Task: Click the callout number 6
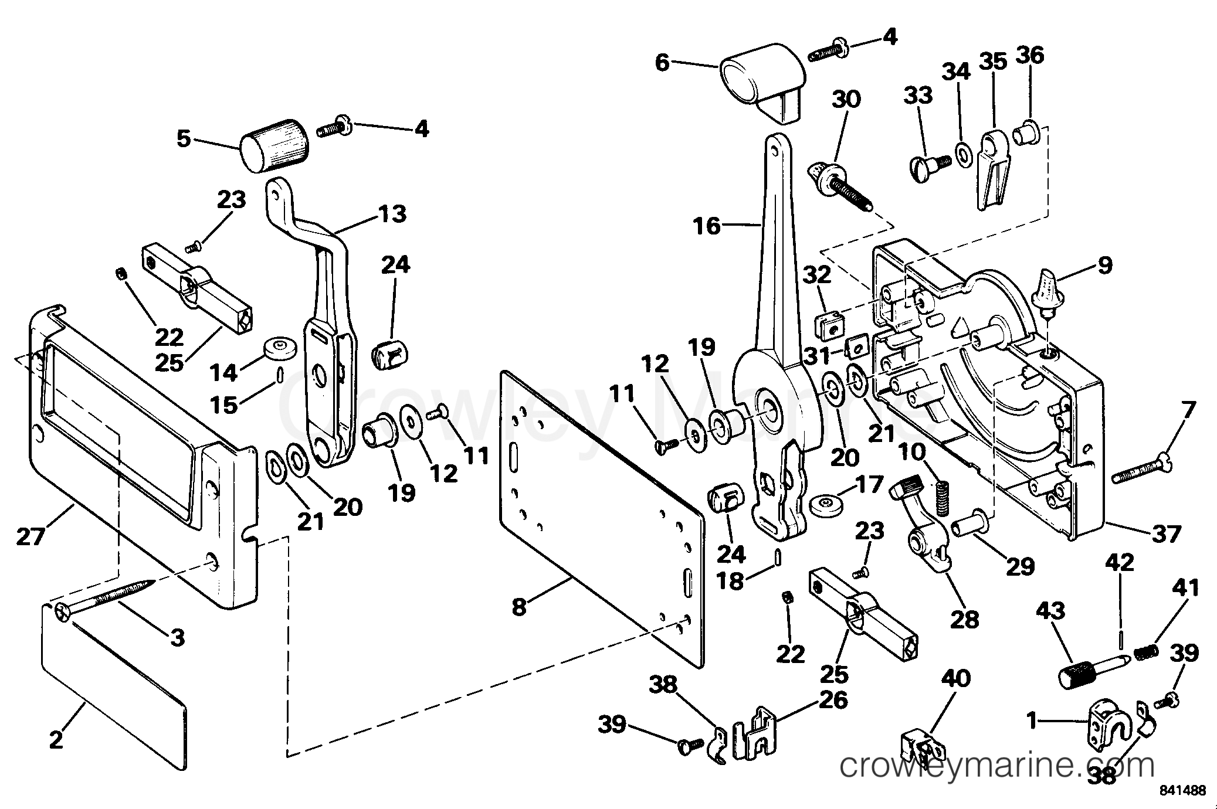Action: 662,62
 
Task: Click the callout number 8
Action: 519,607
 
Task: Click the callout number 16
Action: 707,225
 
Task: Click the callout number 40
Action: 956,679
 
